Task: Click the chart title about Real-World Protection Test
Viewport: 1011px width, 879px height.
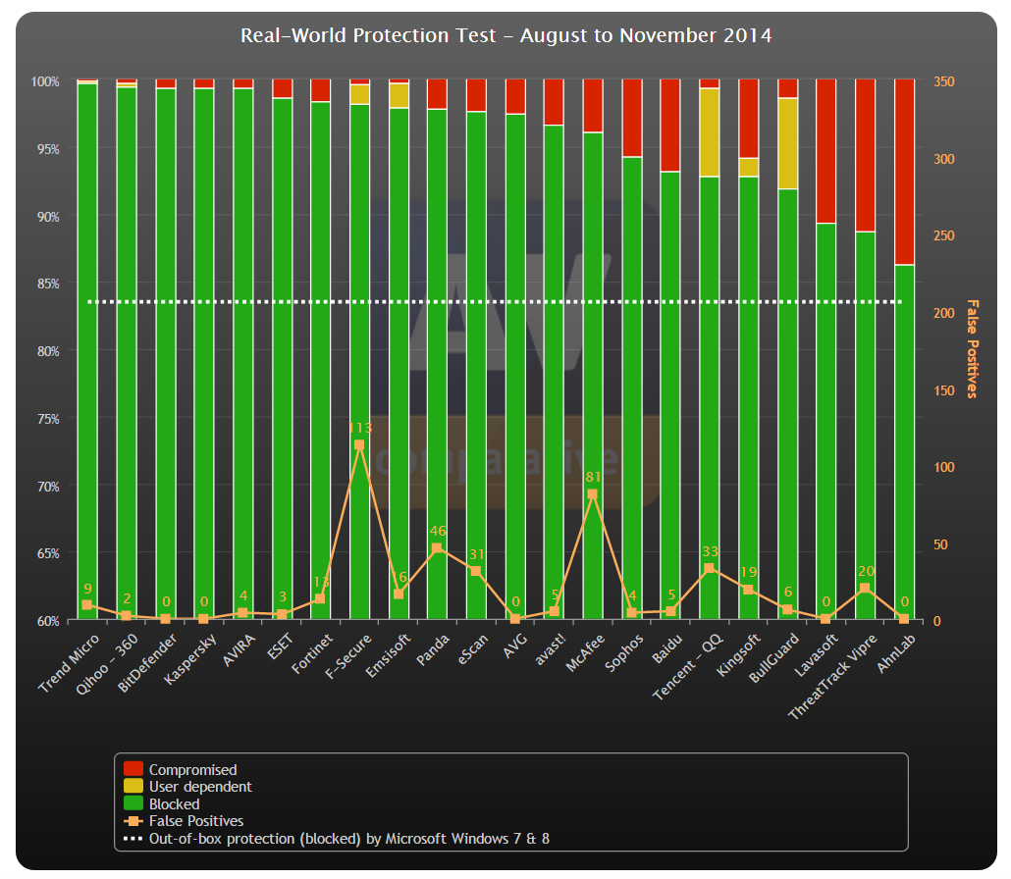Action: pos(505,35)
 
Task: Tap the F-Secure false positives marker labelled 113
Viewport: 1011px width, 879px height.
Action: pos(359,444)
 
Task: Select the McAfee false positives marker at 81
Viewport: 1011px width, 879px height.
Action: pos(592,494)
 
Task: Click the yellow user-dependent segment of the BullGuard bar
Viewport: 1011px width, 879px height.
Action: pos(787,143)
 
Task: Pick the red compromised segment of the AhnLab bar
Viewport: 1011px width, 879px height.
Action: pos(904,172)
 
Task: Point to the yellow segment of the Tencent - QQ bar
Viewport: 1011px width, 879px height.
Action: pos(709,132)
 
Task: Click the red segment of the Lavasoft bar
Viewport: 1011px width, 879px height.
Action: pos(825,151)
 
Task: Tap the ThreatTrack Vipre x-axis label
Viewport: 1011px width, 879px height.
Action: pos(832,676)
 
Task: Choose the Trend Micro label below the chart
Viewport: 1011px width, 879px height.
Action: pos(70,662)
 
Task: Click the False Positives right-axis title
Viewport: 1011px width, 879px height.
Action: pos(973,348)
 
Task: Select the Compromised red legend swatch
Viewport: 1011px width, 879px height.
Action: pos(133,769)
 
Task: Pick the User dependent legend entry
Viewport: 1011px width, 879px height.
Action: pos(200,787)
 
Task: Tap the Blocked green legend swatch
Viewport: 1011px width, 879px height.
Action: pos(133,803)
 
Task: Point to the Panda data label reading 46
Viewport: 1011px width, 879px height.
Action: pos(437,531)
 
